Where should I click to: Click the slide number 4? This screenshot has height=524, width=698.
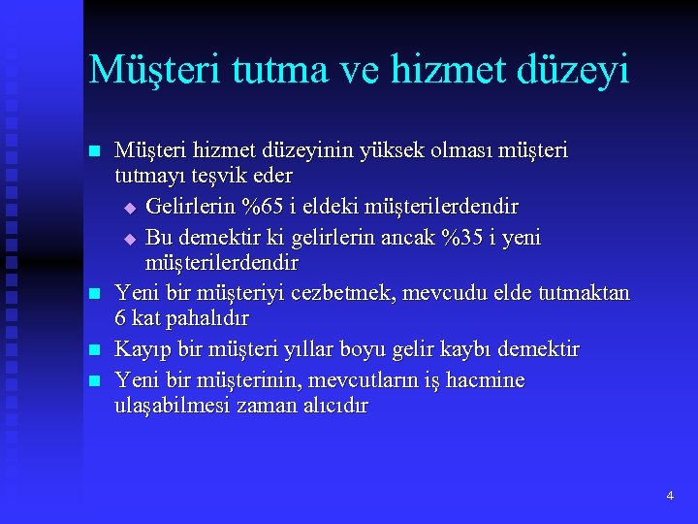pyautogui.click(x=670, y=496)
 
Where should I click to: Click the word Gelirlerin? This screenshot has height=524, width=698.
pyautogui.click(x=194, y=207)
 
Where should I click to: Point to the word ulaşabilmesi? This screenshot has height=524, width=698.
pyautogui.click(x=173, y=406)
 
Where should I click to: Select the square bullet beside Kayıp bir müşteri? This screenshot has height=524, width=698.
pyautogui.click(x=94, y=349)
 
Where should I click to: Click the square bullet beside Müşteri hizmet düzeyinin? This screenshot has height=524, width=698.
pyautogui.click(x=94, y=152)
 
